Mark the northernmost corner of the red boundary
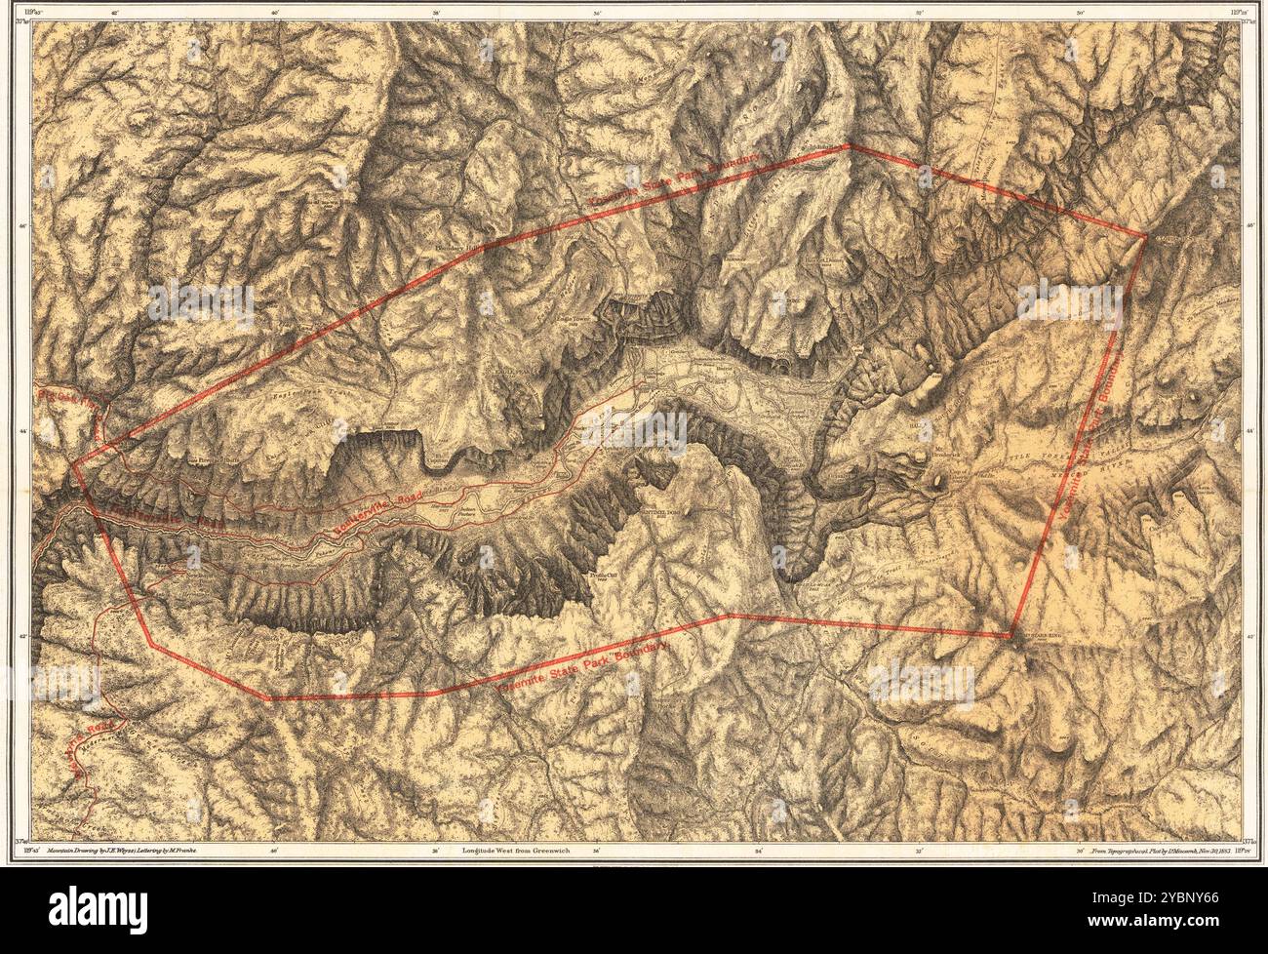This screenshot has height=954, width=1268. (847, 146)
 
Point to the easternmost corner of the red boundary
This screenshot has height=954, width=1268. (1145, 236)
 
